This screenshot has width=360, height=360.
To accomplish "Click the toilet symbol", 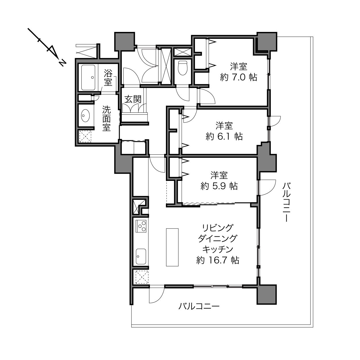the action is tap(182, 68).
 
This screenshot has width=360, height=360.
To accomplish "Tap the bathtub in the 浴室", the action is tap(88, 77).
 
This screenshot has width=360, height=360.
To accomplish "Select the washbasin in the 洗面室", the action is tap(85, 116).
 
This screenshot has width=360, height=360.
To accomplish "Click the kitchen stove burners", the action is tap(141, 226).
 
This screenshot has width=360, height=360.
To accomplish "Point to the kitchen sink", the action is tap(141, 256).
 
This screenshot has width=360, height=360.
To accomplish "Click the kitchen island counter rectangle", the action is tap(172, 247).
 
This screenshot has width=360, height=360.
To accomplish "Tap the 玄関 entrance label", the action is tap(133, 99).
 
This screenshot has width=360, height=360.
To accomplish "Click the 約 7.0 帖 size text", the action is tap(239, 77).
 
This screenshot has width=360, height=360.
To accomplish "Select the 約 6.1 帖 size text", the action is tap(224, 137).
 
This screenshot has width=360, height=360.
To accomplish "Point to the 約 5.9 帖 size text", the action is tap(219, 186).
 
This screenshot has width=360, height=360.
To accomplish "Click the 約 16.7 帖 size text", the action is tap(218, 260).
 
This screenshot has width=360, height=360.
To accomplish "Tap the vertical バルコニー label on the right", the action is tap(286, 202).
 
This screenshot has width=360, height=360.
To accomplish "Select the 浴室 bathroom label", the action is tap(108, 77).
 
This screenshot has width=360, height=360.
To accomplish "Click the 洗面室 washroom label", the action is tap(106, 119).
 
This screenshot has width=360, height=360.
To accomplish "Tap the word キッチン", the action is tap(218, 249).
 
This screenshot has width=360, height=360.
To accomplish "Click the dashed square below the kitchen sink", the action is tap(142, 277).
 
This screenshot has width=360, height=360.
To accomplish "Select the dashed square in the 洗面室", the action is tap(85, 136).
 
